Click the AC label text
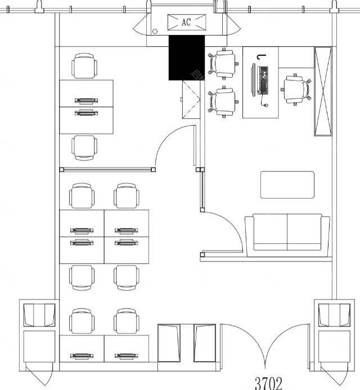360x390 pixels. click(x=186, y=22)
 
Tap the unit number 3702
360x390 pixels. click(x=268, y=383)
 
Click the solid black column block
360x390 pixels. click(x=187, y=58)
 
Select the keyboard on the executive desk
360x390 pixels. click(x=263, y=80)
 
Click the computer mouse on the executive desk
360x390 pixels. click(x=265, y=105)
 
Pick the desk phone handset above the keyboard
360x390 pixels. click(x=262, y=57)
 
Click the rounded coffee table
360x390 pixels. click(x=287, y=185)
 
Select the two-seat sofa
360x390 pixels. click(x=287, y=235)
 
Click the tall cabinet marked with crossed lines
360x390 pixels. click(x=323, y=91)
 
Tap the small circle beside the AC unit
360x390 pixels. click(x=155, y=32)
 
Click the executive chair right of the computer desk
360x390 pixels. click(x=296, y=89)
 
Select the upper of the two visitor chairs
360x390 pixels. click(x=223, y=64)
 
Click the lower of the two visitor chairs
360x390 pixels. click(x=223, y=101)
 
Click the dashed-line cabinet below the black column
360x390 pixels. click(x=191, y=100)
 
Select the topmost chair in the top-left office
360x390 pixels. click(x=84, y=66)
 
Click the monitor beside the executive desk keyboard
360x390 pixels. click(x=254, y=80)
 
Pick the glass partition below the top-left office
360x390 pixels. click(x=107, y=169)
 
